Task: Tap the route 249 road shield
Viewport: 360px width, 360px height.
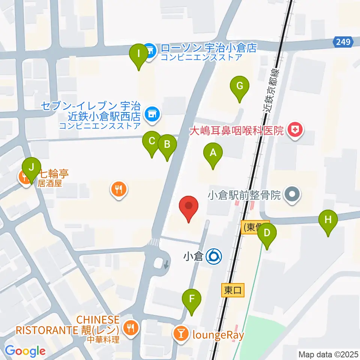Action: pos(343,42)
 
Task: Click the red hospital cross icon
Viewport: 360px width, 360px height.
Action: pos(295,130)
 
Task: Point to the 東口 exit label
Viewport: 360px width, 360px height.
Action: pos(233,290)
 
